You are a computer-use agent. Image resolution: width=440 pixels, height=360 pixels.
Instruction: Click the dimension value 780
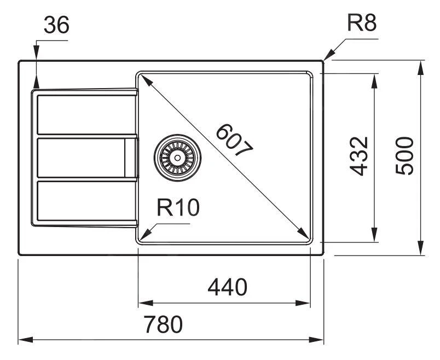(x=163, y=325)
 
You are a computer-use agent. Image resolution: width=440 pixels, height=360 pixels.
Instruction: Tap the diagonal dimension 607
(x=234, y=142)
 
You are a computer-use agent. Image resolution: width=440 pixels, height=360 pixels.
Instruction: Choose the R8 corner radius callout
(x=362, y=24)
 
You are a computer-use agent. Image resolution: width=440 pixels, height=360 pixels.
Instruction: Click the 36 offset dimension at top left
(x=56, y=26)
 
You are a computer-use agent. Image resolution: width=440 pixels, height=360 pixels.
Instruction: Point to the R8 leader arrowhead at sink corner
(x=327, y=57)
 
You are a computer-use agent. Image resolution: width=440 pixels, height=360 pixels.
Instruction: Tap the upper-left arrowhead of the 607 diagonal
(x=143, y=77)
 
